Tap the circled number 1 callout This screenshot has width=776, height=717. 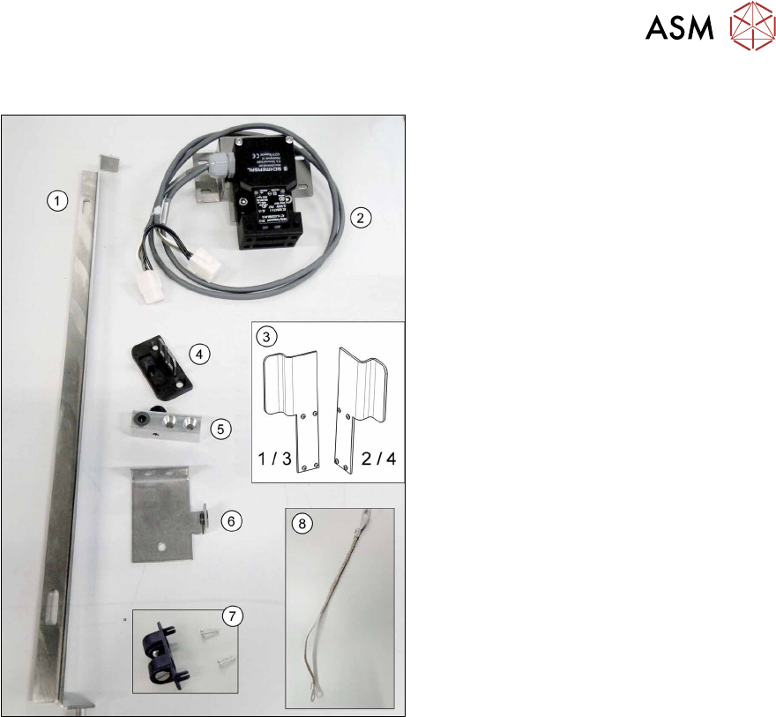[x=56, y=201]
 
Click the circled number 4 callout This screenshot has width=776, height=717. [x=200, y=355]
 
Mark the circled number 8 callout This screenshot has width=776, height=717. [x=301, y=522]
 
